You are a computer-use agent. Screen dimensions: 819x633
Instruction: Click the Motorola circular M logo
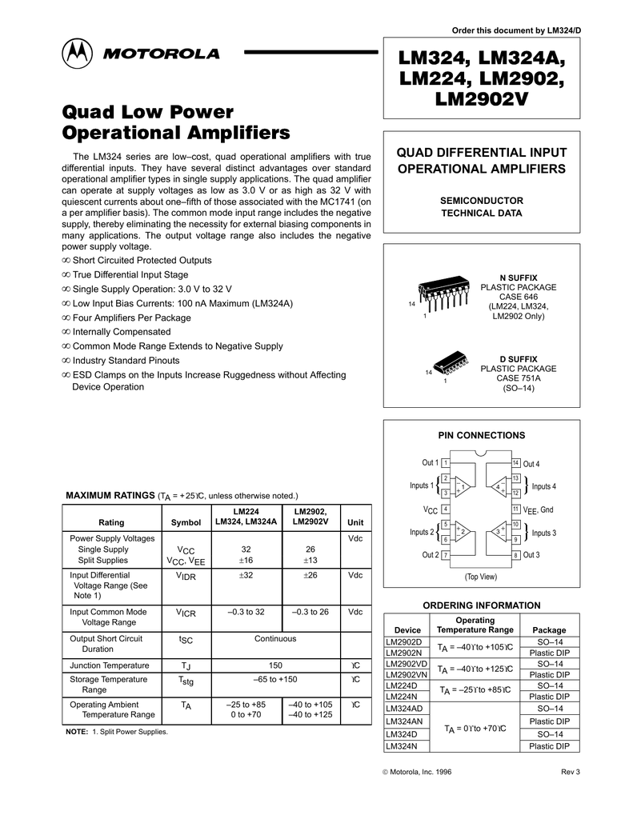(x=78, y=54)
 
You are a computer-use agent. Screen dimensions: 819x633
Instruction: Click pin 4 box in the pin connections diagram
(x=444, y=509)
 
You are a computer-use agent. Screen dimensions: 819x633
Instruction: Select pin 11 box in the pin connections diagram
(x=516, y=509)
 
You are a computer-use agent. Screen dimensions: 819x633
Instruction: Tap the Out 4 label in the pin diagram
(x=531, y=464)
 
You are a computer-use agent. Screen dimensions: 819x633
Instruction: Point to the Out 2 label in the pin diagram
(x=430, y=555)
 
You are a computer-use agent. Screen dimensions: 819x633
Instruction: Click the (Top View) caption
(x=480, y=577)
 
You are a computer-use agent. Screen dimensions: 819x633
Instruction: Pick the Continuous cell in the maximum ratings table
(x=275, y=638)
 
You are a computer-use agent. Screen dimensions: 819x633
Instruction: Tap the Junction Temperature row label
(x=110, y=665)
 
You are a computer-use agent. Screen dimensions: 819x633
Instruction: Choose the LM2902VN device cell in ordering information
(x=407, y=674)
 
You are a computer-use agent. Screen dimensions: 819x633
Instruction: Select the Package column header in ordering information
(x=549, y=630)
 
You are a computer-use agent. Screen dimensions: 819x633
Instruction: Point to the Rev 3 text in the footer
(x=571, y=771)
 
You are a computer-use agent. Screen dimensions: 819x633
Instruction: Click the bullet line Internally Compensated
(x=121, y=332)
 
